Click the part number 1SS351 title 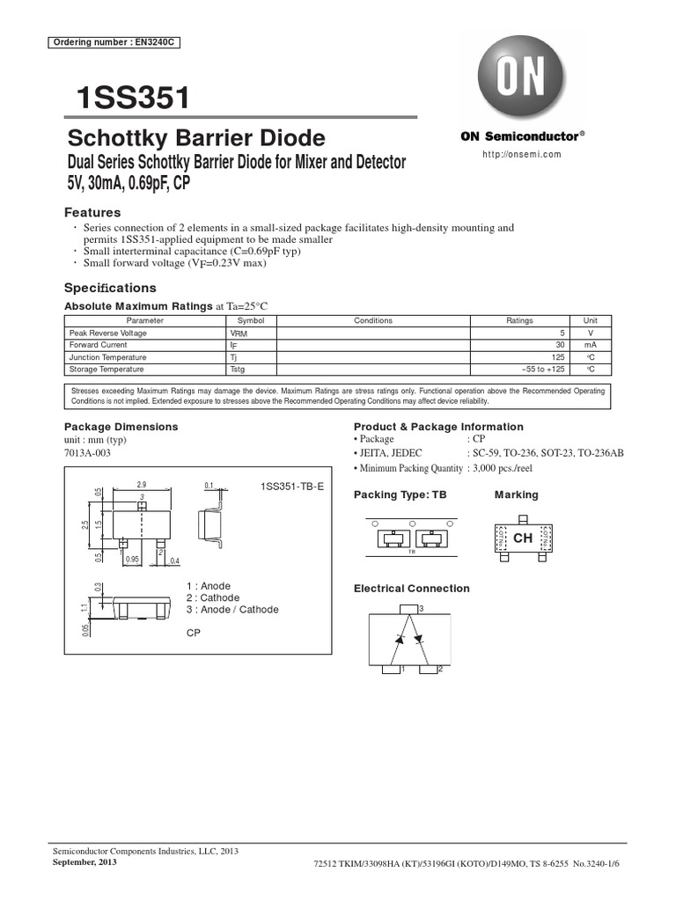pos(134,99)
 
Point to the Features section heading pos(92,213)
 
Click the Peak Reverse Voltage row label pos(108,333)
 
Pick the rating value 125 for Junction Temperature pos(556,358)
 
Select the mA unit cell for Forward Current pos(590,346)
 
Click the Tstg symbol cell pos(239,370)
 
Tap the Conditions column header pos(373,321)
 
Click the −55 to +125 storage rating pos(541,370)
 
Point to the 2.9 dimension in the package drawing pos(141,485)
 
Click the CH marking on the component pos(523,538)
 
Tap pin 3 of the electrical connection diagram pos(409,609)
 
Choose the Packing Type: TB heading pos(400,495)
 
